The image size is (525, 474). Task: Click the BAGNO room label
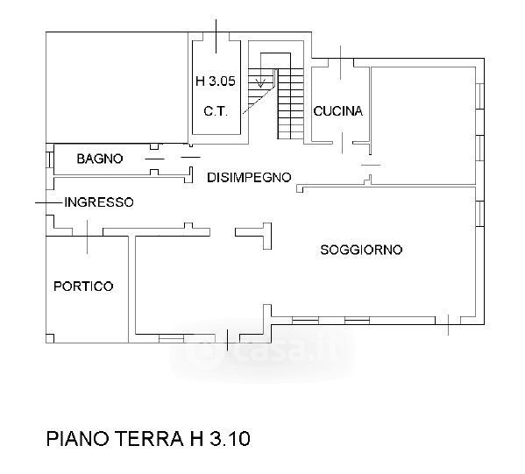click(x=100, y=159)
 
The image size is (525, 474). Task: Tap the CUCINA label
click(x=337, y=110)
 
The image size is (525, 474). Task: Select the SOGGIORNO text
click(x=361, y=250)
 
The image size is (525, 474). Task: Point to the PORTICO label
click(x=83, y=287)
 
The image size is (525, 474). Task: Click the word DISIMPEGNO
click(x=249, y=177)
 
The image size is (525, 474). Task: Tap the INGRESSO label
click(x=99, y=202)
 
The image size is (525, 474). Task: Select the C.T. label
click(x=216, y=111)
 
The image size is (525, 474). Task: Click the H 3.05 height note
click(x=216, y=81)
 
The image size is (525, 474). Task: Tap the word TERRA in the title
click(x=149, y=439)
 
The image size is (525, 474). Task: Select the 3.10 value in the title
click(x=231, y=439)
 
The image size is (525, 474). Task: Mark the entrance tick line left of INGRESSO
click(x=49, y=202)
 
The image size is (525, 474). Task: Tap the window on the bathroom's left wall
click(x=50, y=159)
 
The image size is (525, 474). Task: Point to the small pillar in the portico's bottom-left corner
click(x=50, y=338)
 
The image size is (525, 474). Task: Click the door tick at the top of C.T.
click(x=216, y=36)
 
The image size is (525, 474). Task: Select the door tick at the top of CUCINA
click(x=341, y=62)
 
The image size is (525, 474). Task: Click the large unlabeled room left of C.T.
click(x=117, y=88)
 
